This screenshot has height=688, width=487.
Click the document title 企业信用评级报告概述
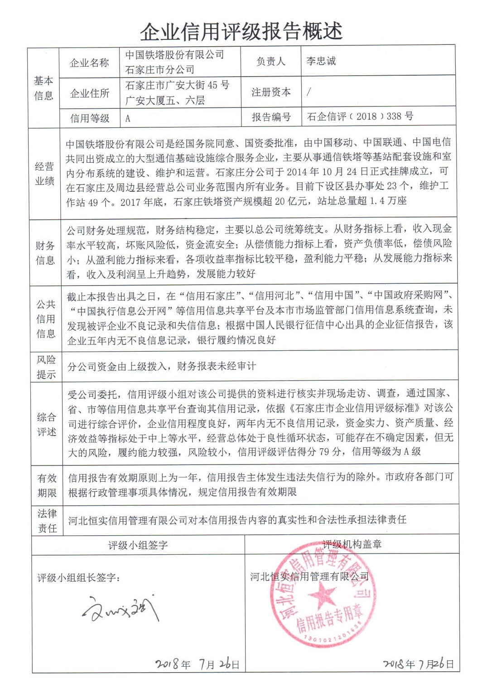(241, 31)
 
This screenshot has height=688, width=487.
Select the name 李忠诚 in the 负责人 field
(321, 61)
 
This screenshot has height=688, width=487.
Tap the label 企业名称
(89, 63)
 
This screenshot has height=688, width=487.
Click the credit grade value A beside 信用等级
(128, 118)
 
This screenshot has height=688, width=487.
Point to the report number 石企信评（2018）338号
(360, 116)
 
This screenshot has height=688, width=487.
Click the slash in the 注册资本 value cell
(309, 92)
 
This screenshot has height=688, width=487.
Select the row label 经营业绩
(44, 174)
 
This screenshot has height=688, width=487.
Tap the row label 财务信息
(45, 253)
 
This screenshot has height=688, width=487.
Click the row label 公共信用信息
(45, 319)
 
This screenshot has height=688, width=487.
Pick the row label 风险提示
(46, 367)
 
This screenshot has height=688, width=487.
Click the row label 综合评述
(46, 424)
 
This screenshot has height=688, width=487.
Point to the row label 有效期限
(47, 485)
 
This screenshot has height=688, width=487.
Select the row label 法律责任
(47, 521)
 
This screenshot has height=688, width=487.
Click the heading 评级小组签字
(138, 545)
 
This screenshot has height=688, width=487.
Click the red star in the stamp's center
(323, 594)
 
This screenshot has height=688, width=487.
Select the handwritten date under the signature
(197, 664)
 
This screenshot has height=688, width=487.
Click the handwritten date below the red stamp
(418, 664)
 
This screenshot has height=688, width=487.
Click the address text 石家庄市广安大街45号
(177, 85)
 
